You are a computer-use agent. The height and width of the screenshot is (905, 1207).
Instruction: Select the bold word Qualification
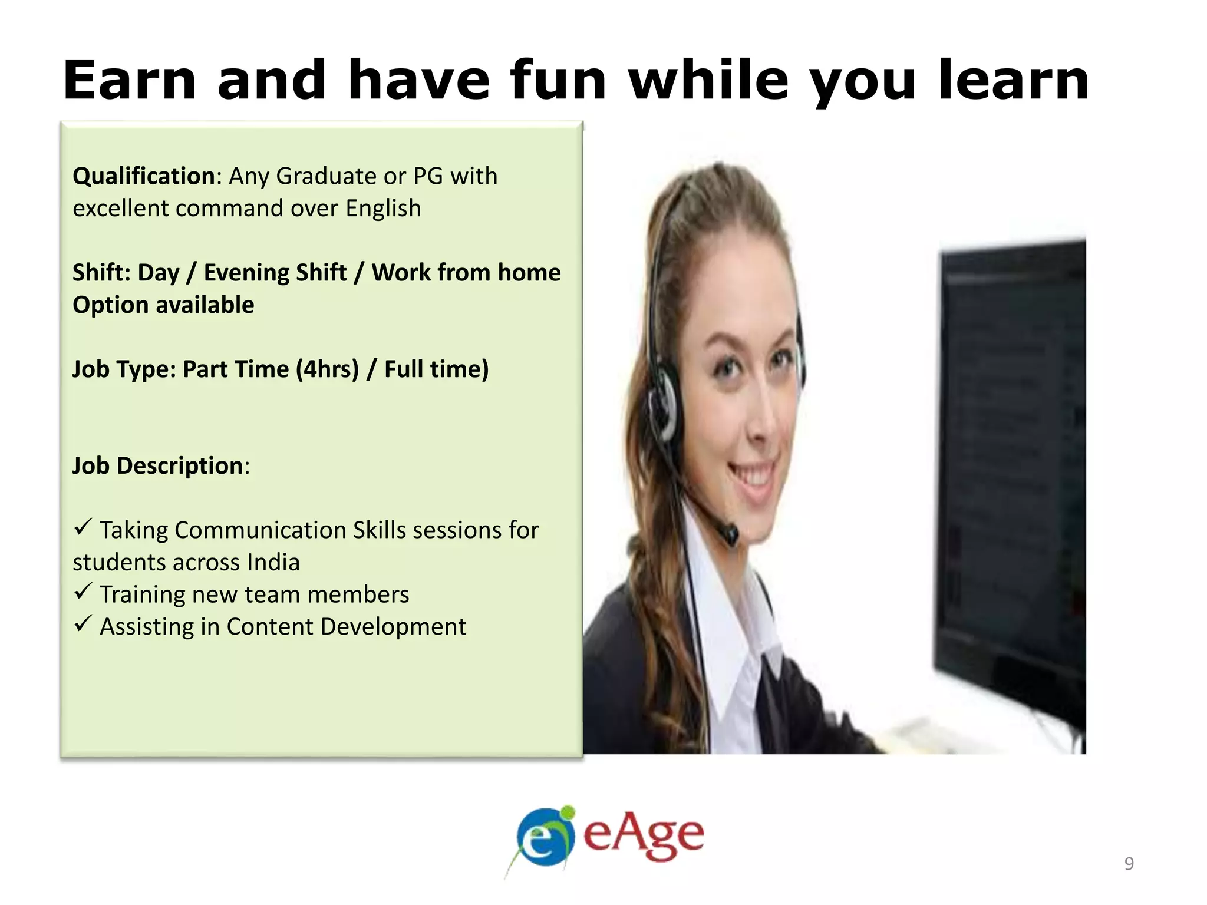click(143, 176)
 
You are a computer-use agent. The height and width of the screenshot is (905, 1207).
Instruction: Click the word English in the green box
click(383, 209)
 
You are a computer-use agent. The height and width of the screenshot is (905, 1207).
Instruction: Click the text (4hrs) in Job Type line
click(327, 369)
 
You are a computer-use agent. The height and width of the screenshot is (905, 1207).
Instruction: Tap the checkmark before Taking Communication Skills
click(83, 526)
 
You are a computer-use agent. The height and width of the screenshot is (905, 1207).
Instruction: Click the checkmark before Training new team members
click(83, 590)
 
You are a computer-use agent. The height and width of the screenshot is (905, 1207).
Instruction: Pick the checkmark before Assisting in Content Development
click(83, 623)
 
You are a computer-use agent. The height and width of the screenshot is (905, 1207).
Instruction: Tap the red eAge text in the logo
click(644, 835)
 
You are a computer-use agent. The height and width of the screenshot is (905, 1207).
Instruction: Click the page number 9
click(1129, 863)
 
